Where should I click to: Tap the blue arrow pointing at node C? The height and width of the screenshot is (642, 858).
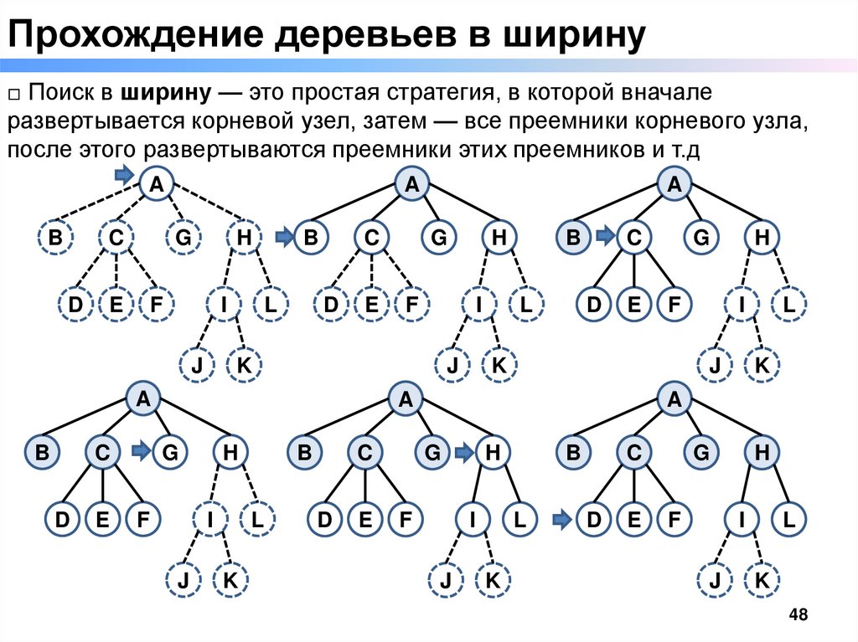605,239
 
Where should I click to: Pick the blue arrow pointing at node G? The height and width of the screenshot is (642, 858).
141,453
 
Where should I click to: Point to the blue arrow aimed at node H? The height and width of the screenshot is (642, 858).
463,453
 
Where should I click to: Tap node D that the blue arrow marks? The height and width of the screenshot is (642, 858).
595,521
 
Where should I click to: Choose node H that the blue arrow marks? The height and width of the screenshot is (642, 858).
494,453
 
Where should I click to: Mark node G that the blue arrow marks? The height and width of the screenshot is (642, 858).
169,453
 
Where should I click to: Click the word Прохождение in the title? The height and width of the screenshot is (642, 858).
127,35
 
